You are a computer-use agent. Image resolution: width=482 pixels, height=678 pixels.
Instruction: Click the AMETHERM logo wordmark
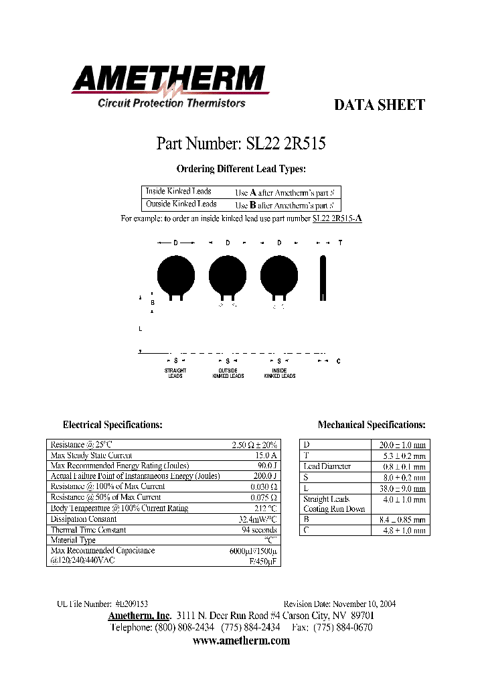click(x=171, y=80)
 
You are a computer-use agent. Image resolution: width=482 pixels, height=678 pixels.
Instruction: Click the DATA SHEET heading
click(x=379, y=105)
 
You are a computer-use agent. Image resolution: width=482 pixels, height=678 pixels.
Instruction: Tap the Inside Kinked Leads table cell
click(x=179, y=192)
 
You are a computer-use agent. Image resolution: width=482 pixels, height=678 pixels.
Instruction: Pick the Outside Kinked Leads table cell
click(x=181, y=204)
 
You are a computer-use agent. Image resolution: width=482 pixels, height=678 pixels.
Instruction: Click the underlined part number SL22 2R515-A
click(x=337, y=218)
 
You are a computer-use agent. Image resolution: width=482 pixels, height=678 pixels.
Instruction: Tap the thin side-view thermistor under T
click(x=324, y=277)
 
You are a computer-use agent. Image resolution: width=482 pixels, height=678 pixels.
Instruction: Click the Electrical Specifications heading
click(x=112, y=425)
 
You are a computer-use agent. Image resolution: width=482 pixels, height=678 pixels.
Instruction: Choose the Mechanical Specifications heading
click(x=372, y=425)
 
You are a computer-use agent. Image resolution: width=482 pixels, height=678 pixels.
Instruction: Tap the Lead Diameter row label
click(x=327, y=466)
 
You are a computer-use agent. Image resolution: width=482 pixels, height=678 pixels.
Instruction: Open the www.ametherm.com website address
click(x=241, y=641)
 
